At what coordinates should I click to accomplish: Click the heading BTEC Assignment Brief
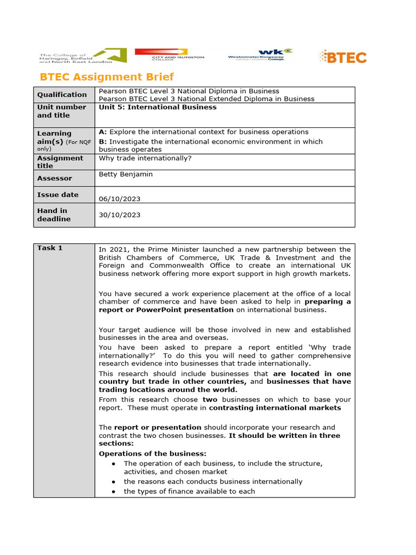point(107,77)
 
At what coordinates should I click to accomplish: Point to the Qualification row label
point(62,95)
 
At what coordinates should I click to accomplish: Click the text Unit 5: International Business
point(158,107)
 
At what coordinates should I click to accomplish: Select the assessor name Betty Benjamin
point(125,175)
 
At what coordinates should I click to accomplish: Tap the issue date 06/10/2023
point(119,199)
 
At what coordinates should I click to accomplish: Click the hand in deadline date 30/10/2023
point(119,215)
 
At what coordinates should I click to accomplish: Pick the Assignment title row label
point(60,162)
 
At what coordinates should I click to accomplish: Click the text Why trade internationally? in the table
point(145,158)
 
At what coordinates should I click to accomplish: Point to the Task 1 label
point(50,248)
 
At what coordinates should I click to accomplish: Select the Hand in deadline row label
point(54,215)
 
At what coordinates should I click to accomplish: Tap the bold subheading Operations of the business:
point(152,454)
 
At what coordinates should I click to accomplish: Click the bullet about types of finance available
point(189,491)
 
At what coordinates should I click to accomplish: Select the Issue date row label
point(57,195)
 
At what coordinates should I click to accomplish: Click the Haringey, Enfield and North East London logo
point(82,56)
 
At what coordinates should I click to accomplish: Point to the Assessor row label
point(54,178)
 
